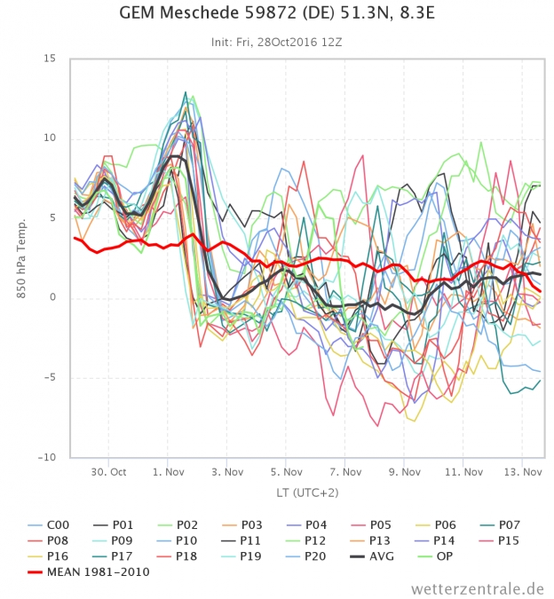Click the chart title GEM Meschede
pyautogui.click(x=277, y=15)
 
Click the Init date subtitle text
pyautogui.click(x=277, y=42)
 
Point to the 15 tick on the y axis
pyautogui.click(x=50, y=59)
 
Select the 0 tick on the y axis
pyautogui.click(x=52, y=298)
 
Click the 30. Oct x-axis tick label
pyautogui.click(x=108, y=473)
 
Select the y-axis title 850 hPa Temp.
pyautogui.click(x=22, y=257)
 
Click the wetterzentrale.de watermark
pyautogui.click(x=478, y=588)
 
